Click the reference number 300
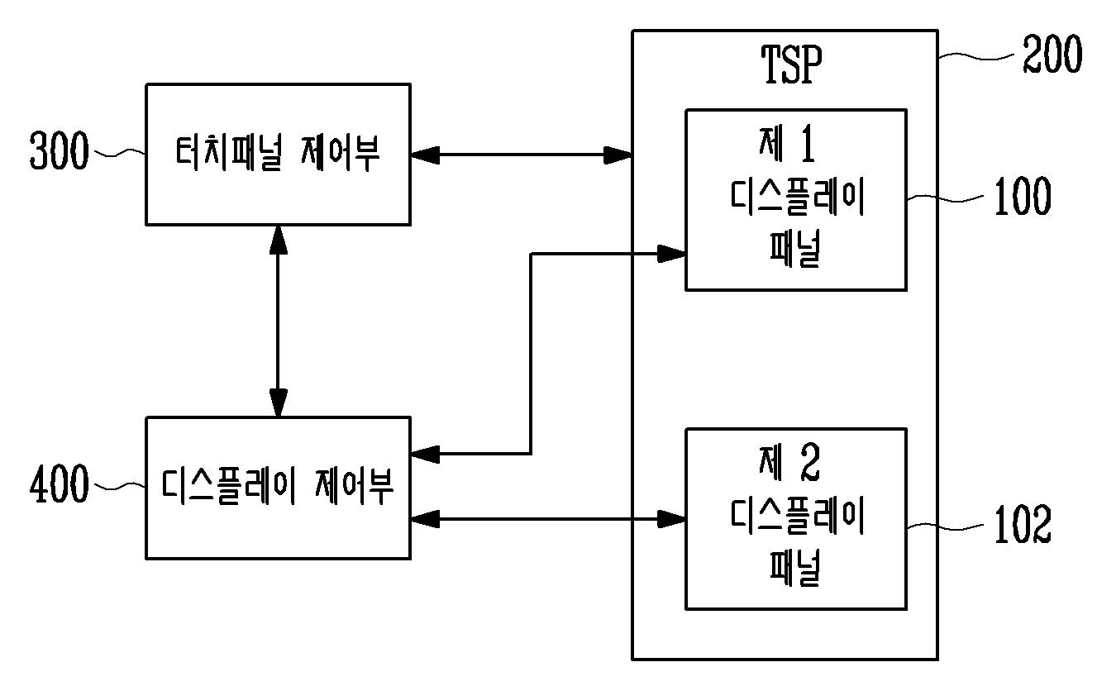pyautogui.click(x=60, y=150)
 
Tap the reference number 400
pyautogui.click(x=60, y=484)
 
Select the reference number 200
pyautogui.click(x=1052, y=54)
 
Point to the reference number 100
pyautogui.click(x=1023, y=196)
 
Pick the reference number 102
pyautogui.click(x=1023, y=524)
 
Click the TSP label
pyautogui.click(x=791, y=64)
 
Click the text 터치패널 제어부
pyautogui.click(x=278, y=153)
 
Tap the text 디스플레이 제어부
pyautogui.click(x=278, y=486)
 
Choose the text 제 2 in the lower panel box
pyautogui.click(x=789, y=462)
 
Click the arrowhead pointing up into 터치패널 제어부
pyautogui.click(x=278, y=240)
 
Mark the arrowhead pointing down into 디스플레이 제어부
pyautogui.click(x=278, y=403)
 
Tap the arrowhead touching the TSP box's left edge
pyautogui.click(x=618, y=155)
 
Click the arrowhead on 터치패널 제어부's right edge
pyautogui.click(x=425, y=155)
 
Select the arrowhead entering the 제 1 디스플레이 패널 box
pyautogui.click(x=671, y=254)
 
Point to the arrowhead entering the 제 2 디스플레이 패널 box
pyautogui.click(x=671, y=519)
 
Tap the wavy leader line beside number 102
pyautogui.click(x=945, y=526)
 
